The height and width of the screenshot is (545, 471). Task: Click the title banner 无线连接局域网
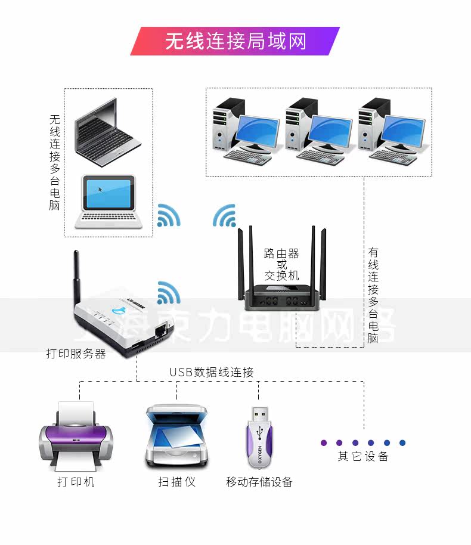tap(235, 41)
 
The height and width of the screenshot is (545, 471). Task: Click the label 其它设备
tap(363, 457)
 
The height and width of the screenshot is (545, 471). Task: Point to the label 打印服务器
tap(76, 354)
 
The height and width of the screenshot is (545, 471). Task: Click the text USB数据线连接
tap(212, 373)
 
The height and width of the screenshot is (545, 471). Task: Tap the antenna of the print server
tap(77, 277)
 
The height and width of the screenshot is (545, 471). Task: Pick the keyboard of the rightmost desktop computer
tap(393, 157)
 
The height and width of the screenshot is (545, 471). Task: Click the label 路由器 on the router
tap(281, 254)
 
